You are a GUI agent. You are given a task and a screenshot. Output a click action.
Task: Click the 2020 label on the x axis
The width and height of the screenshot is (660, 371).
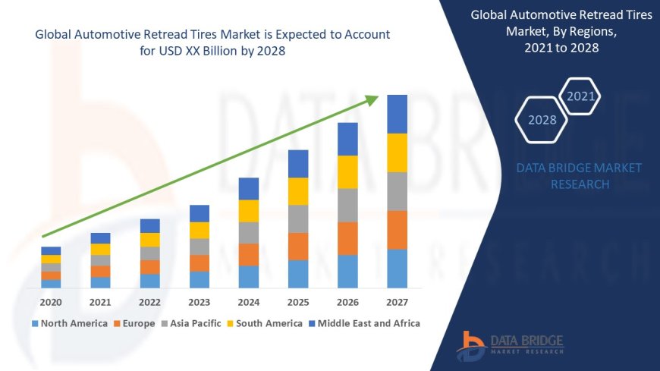(x=51, y=301)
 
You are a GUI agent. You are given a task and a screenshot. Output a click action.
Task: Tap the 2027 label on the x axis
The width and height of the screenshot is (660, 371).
(x=397, y=301)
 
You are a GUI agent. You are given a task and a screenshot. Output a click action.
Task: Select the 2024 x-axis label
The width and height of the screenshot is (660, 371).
(x=249, y=301)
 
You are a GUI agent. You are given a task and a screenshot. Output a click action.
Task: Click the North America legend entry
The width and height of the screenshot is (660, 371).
(x=69, y=323)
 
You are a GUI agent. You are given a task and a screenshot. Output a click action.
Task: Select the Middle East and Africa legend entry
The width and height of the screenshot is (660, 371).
(x=366, y=323)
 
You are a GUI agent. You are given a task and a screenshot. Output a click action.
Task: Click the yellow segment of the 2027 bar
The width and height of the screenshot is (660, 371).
(x=397, y=152)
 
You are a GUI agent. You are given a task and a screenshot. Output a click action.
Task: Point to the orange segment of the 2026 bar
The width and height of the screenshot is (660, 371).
(x=347, y=238)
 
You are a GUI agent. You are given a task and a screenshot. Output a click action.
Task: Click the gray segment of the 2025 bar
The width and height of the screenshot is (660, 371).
(x=298, y=219)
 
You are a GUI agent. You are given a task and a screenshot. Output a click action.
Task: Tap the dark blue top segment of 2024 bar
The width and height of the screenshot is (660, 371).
(x=249, y=189)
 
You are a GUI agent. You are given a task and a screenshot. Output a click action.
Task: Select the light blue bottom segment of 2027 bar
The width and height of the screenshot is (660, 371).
(x=397, y=269)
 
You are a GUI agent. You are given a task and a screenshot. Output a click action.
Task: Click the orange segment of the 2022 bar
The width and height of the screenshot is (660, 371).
(x=150, y=267)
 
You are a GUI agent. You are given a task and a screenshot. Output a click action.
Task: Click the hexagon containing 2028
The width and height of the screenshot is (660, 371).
(x=542, y=120)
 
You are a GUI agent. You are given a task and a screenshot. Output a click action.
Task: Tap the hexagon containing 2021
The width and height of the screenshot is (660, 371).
(x=581, y=96)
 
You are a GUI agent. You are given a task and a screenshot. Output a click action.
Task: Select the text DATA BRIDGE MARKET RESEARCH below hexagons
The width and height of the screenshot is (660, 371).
(x=579, y=176)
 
